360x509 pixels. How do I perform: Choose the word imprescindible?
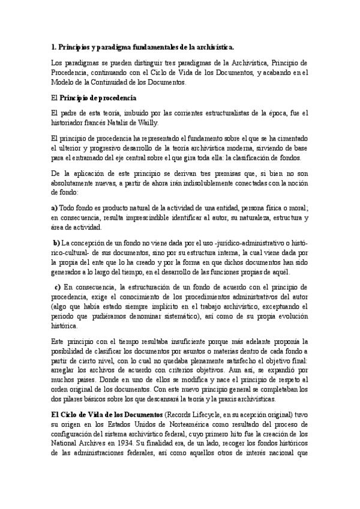[161, 217]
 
